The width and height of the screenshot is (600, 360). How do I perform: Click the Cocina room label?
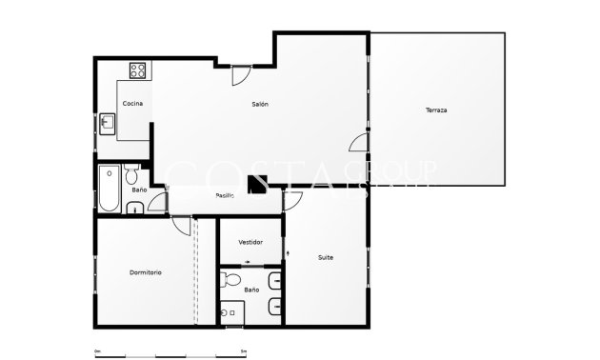[x=132, y=103]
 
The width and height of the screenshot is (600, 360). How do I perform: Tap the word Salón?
[x=260, y=103]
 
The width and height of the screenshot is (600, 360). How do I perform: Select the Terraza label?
[x=436, y=110]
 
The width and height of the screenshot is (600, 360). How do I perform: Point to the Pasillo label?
[x=225, y=195]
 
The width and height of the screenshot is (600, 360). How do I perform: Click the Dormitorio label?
[x=145, y=272]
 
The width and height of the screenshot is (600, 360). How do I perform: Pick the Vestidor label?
[x=250, y=242]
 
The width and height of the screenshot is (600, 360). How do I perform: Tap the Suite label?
[x=326, y=257]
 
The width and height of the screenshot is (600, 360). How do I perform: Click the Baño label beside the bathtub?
[x=139, y=190]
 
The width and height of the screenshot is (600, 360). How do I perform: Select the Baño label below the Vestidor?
[x=250, y=290]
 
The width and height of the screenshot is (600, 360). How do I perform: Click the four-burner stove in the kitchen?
[x=136, y=70]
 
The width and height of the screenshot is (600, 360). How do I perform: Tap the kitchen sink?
[x=108, y=123]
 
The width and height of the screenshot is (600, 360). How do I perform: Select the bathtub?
[x=108, y=189]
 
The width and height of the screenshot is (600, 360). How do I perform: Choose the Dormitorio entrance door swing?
[x=181, y=224]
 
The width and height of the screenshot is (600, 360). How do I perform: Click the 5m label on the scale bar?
[x=244, y=351]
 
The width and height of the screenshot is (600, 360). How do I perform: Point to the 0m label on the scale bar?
[x=97, y=351]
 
